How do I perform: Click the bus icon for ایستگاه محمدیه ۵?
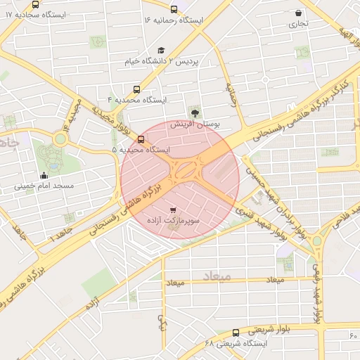(x=141, y=139)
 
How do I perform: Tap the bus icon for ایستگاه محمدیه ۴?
(x=136, y=89)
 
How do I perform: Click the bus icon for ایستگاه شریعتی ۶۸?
(x=235, y=333)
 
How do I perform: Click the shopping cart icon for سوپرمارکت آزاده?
(x=174, y=210)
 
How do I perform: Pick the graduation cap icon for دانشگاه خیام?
(x=161, y=50)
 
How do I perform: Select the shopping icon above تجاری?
(x=299, y=13)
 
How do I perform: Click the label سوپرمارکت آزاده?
(x=173, y=221)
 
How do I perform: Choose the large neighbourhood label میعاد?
(x=216, y=276)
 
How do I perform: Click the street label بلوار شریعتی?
(x=252, y=329)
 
